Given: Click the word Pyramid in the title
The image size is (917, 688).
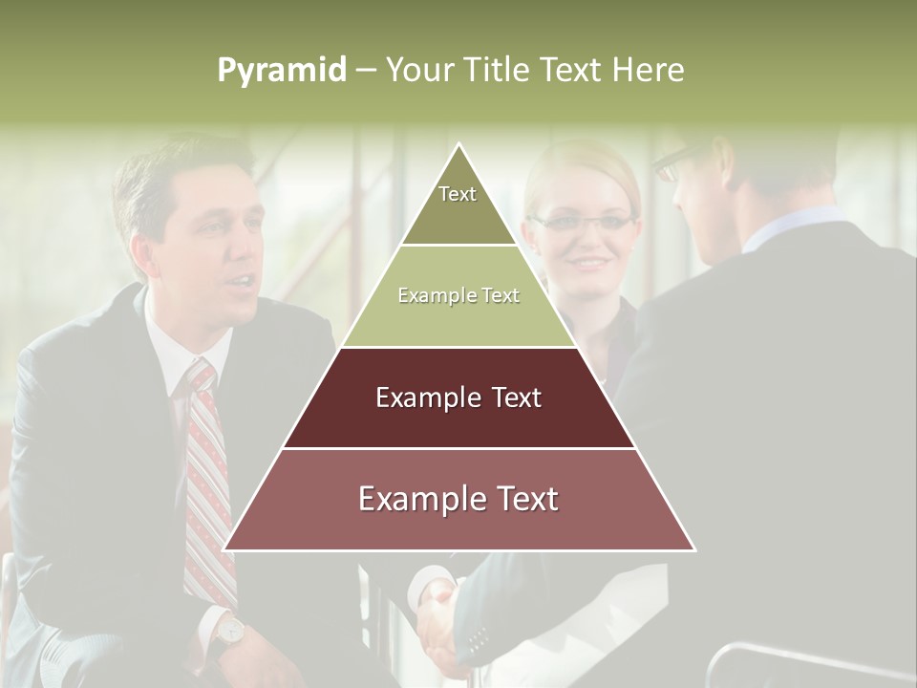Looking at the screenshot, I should point(282,71).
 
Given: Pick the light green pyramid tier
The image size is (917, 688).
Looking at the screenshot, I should point(458,296).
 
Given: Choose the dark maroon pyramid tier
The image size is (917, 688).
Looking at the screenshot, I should point(458,398).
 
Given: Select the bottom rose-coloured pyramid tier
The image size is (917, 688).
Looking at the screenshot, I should point(458,500).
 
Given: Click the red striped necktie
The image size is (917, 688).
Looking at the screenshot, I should point(207,478).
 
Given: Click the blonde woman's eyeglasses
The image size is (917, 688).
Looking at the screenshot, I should point(583,224).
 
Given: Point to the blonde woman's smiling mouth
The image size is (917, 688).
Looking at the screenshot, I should point(585,261).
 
